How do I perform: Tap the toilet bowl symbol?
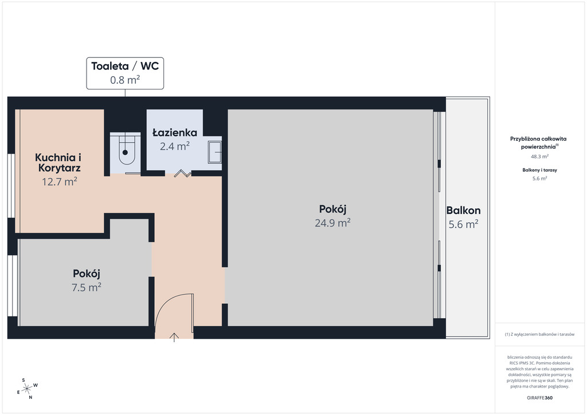coord(126,150)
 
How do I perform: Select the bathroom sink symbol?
coord(215,152)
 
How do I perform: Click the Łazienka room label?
coord(175,132)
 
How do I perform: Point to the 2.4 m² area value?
coord(175,146)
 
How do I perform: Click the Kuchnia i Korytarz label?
coord(59,162)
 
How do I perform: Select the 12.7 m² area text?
coord(60,182)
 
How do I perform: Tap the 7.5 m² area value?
coord(87,287)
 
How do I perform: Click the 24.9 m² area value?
coord(332,222)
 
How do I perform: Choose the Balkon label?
coord(463,210)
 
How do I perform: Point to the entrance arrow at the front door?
coord(174,337)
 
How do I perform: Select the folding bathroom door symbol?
coord(183,173)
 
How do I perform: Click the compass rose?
coord(27,389)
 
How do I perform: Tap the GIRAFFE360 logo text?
coord(539,398)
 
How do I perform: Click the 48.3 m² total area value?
coord(539,156)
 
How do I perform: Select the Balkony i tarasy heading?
coord(539,170)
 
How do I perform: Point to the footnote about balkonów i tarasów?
coord(539,334)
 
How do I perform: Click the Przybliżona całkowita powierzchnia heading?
coord(539,143)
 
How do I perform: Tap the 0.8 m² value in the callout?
coord(125,80)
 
